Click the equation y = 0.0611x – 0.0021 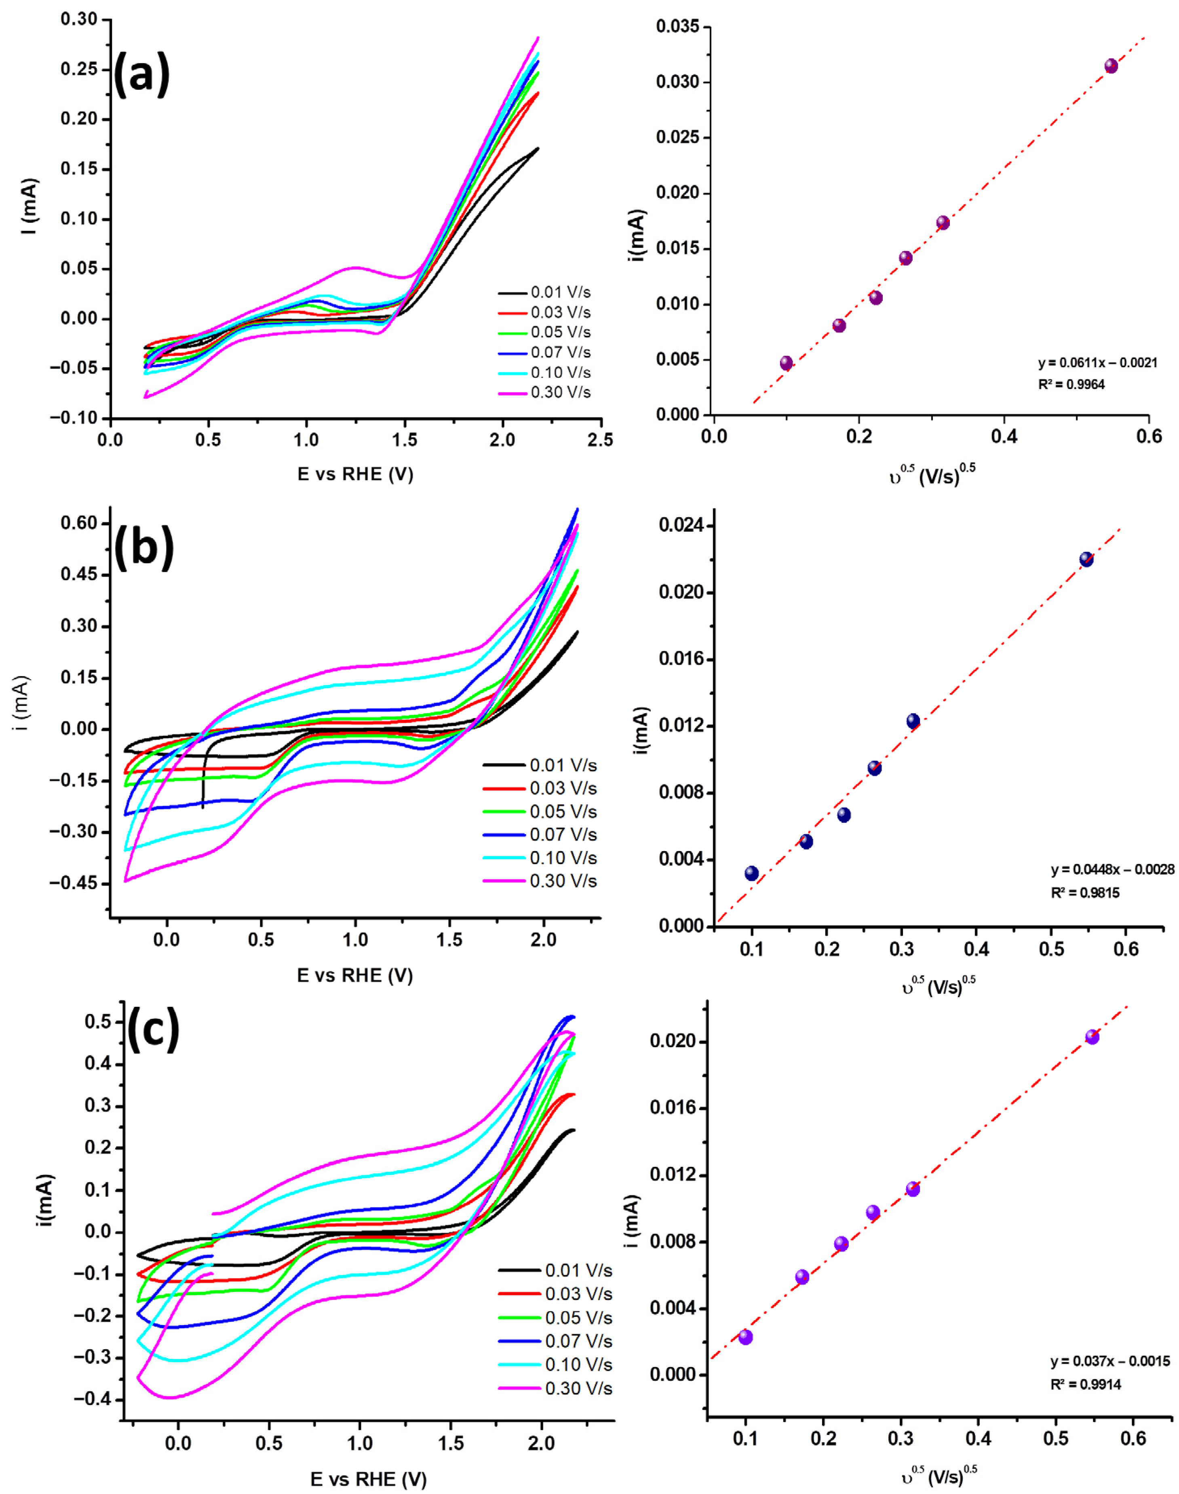coord(1097,362)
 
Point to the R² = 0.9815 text coord(1085,893)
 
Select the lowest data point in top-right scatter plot coord(786,363)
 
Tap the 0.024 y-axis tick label coord(678,526)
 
